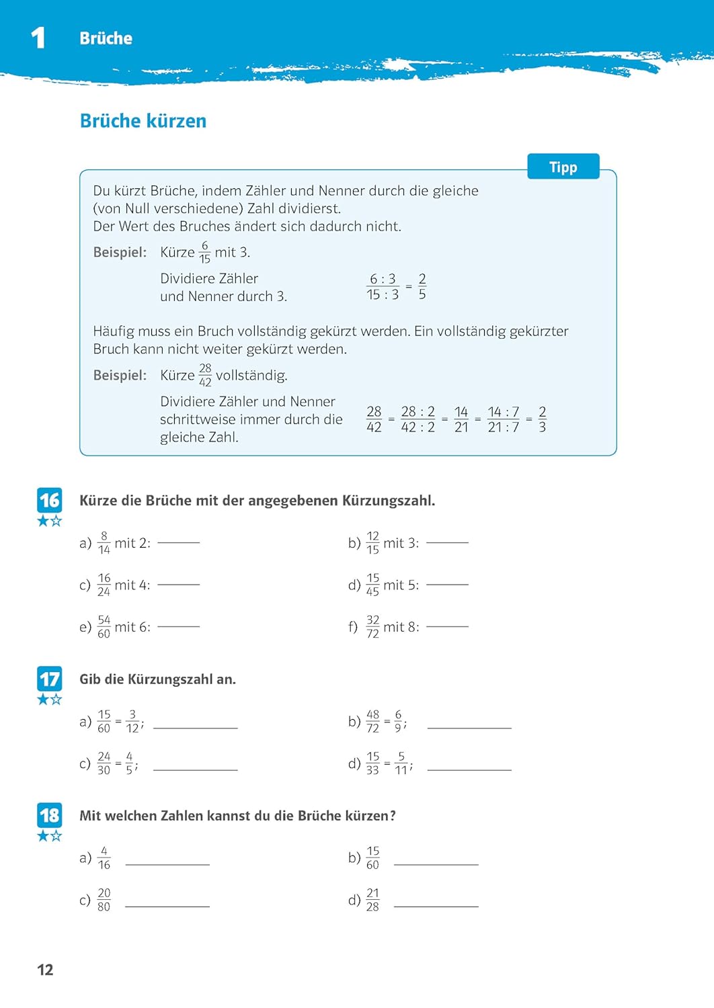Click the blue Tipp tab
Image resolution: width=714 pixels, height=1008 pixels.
click(x=563, y=167)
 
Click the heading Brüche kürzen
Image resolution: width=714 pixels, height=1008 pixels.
click(x=143, y=121)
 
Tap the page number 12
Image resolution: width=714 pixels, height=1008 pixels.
click(x=45, y=970)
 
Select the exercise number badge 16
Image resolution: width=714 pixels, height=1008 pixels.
click(x=49, y=500)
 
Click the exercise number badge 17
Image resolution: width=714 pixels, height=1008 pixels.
click(x=49, y=679)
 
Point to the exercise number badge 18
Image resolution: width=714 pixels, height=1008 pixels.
click(x=49, y=815)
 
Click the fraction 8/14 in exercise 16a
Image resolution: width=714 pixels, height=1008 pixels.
click(x=104, y=542)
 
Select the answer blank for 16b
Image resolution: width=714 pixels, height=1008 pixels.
click(x=447, y=542)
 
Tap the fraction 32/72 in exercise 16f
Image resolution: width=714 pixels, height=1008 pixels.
click(x=372, y=626)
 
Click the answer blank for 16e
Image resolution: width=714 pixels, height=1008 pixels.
click(x=178, y=626)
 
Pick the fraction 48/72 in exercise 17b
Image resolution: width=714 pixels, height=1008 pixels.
click(x=372, y=721)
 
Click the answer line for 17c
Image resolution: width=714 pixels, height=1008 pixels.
click(x=195, y=769)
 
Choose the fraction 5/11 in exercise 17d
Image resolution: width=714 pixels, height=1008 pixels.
click(x=401, y=763)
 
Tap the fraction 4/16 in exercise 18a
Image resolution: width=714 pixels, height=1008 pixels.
click(x=104, y=857)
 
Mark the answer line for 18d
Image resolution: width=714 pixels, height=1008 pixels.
click(x=436, y=907)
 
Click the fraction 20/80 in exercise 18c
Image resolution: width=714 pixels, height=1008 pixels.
click(x=104, y=900)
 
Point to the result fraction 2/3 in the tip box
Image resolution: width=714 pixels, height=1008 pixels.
click(x=543, y=419)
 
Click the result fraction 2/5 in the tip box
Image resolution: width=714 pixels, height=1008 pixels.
click(x=422, y=286)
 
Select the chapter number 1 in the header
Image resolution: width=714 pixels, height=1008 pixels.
click(x=38, y=38)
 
